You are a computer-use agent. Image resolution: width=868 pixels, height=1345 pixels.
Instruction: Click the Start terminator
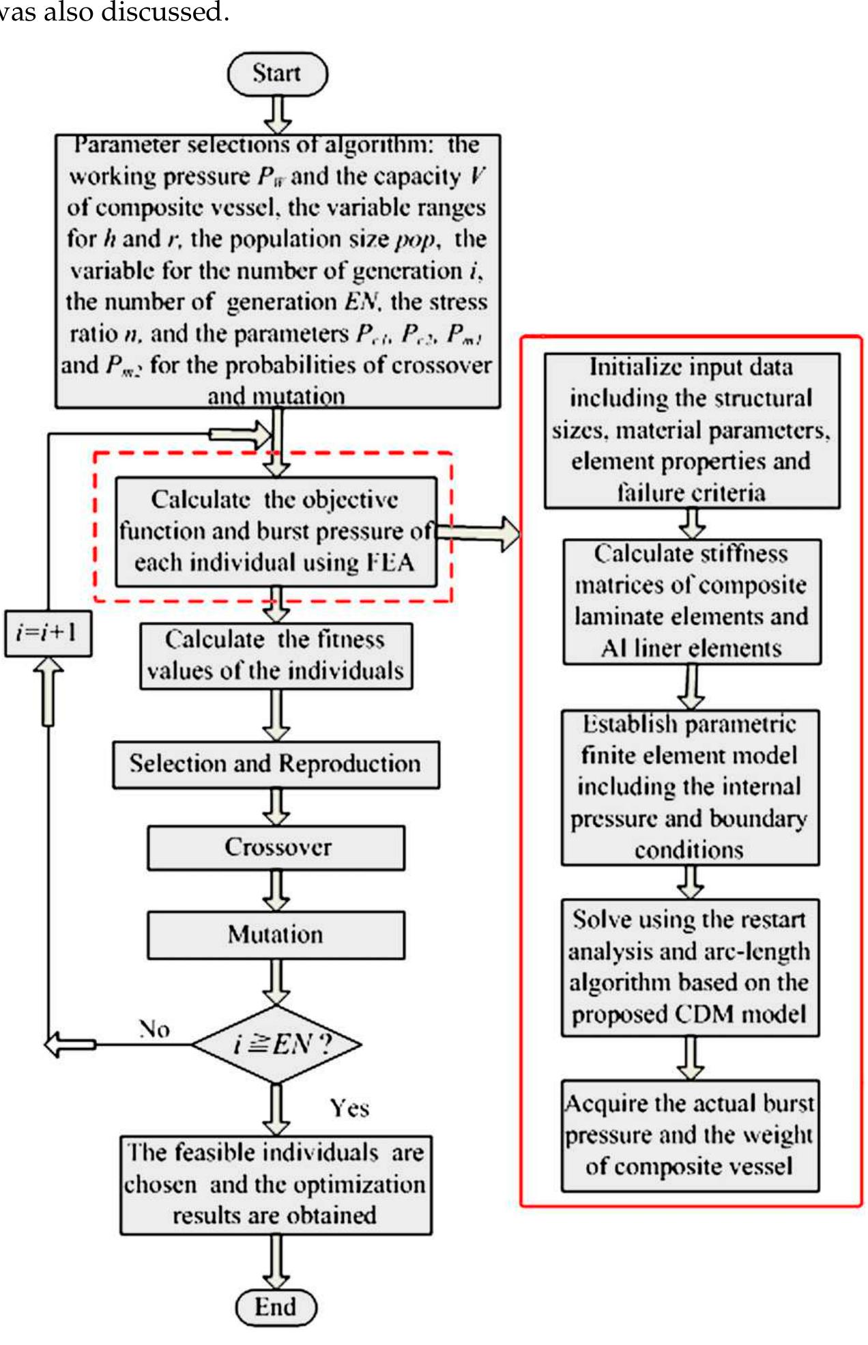point(277,74)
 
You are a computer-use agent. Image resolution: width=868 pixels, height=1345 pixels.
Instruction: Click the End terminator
point(276,1307)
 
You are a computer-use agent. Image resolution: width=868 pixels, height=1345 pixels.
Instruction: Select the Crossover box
point(276,847)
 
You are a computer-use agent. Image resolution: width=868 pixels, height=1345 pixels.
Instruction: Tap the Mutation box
point(276,935)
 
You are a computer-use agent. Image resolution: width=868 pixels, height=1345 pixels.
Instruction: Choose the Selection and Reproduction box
point(276,764)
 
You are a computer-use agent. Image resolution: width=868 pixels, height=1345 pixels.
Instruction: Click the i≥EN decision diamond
point(276,1044)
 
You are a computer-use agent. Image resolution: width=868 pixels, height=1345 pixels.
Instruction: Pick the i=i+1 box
point(48,633)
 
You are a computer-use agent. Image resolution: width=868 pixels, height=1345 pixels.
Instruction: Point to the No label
point(154,1029)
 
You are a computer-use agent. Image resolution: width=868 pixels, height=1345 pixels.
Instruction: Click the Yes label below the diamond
point(349,1107)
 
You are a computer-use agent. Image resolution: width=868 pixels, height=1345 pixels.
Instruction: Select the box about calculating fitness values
point(276,655)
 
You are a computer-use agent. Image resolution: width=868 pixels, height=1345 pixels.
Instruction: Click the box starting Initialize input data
point(691,430)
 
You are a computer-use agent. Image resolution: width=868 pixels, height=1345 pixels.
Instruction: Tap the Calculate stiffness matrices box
point(691,601)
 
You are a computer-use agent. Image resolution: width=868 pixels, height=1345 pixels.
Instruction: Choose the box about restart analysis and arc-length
point(690,967)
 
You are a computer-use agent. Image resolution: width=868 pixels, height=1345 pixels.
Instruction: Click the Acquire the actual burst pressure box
point(690,1135)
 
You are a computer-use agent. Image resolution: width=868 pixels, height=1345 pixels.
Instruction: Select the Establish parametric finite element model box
point(690,787)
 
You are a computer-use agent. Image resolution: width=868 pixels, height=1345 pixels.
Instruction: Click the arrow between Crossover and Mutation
point(276,890)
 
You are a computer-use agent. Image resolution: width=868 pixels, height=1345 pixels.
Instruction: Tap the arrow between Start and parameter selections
point(278,115)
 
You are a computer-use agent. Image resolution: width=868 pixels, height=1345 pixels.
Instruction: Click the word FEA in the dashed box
point(390,563)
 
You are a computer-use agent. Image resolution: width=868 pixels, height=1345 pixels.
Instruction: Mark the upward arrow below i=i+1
point(48,691)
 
